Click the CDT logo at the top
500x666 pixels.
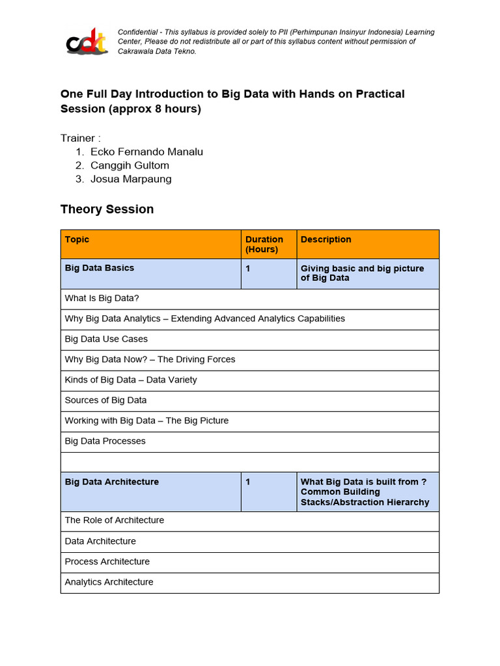[87, 42]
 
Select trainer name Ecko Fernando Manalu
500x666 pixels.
[146, 152]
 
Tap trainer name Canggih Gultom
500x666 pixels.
[130, 165]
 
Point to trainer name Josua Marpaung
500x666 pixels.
[131, 179]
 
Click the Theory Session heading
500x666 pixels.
[107, 209]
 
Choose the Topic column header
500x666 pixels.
[77, 239]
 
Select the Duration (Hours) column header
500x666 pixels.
[264, 244]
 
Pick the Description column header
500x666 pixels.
[326, 239]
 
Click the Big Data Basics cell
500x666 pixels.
[99, 268]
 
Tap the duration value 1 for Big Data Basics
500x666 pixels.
[248, 268]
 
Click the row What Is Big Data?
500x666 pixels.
[102, 299]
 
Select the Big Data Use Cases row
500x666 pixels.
[106, 339]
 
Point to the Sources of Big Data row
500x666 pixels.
[105, 400]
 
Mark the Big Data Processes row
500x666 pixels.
[105, 441]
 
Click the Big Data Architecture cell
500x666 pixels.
[111, 482]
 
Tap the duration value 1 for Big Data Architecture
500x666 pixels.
[248, 482]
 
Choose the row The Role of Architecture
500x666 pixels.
[114, 520]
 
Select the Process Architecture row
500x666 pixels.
[107, 561]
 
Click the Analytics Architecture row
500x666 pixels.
[109, 582]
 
